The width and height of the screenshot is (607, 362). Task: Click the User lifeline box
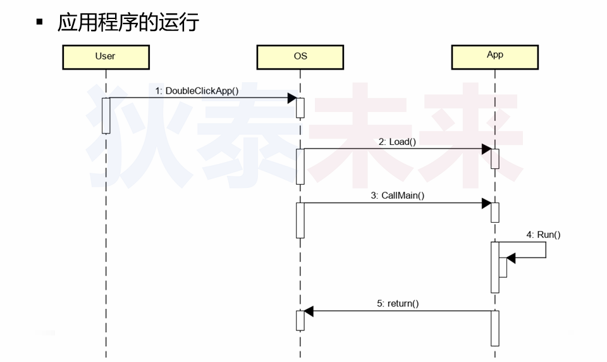coord(106,56)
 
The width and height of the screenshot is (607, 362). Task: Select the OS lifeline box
coord(300,56)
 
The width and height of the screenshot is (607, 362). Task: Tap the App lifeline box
coord(495,56)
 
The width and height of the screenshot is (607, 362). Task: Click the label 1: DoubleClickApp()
coord(197,91)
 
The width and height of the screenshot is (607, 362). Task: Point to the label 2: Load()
coord(397,142)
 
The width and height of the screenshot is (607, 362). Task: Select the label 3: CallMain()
coord(397,196)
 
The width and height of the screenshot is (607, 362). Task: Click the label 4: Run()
coord(543,235)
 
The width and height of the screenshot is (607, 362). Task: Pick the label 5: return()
coord(398,304)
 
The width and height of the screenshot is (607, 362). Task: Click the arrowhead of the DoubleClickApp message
coord(292,98)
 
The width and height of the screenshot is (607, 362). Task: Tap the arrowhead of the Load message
coord(487,149)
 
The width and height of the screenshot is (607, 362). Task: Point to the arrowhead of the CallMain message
coord(487,203)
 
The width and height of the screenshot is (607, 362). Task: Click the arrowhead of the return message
coord(309,311)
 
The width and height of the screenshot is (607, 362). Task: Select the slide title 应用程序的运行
coord(128,22)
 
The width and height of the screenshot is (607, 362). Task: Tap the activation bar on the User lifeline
coord(106,115)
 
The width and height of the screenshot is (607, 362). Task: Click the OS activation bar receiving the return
coord(300,320)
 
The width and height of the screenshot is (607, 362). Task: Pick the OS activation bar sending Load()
coord(300,166)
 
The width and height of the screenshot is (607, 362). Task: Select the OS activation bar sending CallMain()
coord(300,220)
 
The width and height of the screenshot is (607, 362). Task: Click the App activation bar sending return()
coord(495,328)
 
